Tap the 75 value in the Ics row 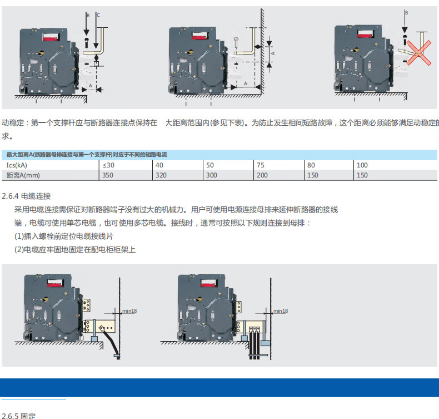(x=261, y=165)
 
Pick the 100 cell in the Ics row (x=362, y=165)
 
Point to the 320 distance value (x=161, y=175)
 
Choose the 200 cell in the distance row (x=262, y=175)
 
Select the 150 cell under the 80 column (x=313, y=175)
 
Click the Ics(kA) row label (x=17, y=165)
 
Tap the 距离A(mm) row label (x=24, y=175)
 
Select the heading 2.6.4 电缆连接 (x=26, y=196)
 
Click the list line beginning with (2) (x=75, y=249)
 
